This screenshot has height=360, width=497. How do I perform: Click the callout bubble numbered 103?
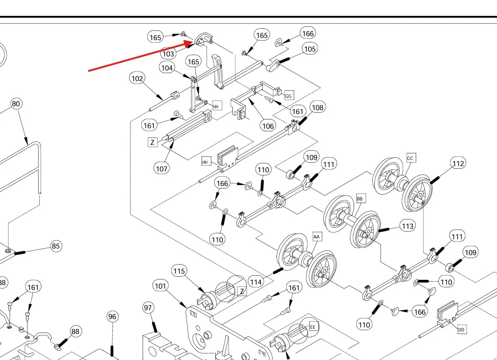(x=168, y=54)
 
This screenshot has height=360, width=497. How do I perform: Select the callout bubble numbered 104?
(x=167, y=68)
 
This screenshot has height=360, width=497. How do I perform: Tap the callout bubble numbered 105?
(x=310, y=49)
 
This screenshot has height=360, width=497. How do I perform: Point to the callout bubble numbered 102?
(x=137, y=78)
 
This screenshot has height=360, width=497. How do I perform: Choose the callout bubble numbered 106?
(x=268, y=126)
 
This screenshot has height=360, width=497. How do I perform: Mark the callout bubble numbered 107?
(x=162, y=168)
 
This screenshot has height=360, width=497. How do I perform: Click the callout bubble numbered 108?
(x=317, y=108)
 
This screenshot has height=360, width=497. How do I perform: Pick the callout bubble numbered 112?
(x=458, y=164)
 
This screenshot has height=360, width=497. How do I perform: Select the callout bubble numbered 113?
(x=408, y=226)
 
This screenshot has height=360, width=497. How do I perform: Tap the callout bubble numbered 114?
(x=256, y=282)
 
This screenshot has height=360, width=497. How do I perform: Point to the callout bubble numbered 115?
(x=179, y=271)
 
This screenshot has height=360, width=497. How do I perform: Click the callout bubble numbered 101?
(x=161, y=286)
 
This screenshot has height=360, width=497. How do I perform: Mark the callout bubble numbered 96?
(x=112, y=316)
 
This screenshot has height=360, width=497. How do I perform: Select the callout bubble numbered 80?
(x=16, y=104)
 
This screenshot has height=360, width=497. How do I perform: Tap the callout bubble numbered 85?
(x=56, y=246)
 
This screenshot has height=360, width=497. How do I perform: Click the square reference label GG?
(x=288, y=96)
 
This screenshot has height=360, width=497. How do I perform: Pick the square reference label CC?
(x=411, y=158)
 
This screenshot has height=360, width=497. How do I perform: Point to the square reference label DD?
(x=461, y=329)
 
